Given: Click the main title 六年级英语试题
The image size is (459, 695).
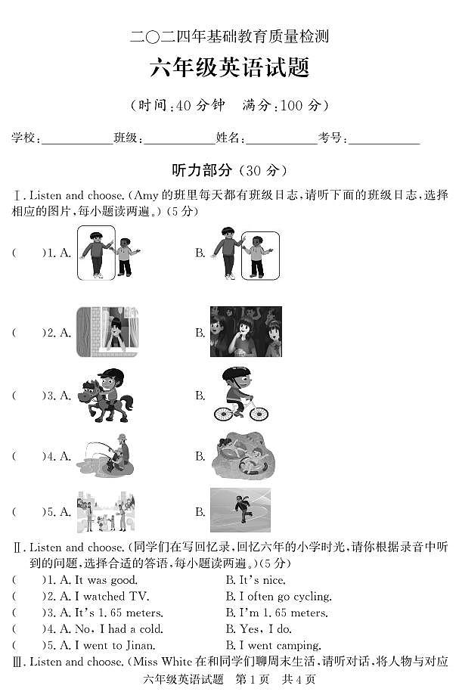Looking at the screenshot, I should (x=230, y=68).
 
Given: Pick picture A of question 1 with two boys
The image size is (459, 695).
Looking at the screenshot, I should (x=106, y=253).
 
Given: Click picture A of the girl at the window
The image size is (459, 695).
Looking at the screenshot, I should (x=107, y=332).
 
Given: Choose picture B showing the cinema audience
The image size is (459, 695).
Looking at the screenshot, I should (x=246, y=332).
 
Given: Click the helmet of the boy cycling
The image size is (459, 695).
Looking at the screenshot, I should (x=235, y=375).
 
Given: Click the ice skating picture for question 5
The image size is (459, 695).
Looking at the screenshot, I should (x=240, y=510).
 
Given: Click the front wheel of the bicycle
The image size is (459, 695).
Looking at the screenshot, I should (x=258, y=414).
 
